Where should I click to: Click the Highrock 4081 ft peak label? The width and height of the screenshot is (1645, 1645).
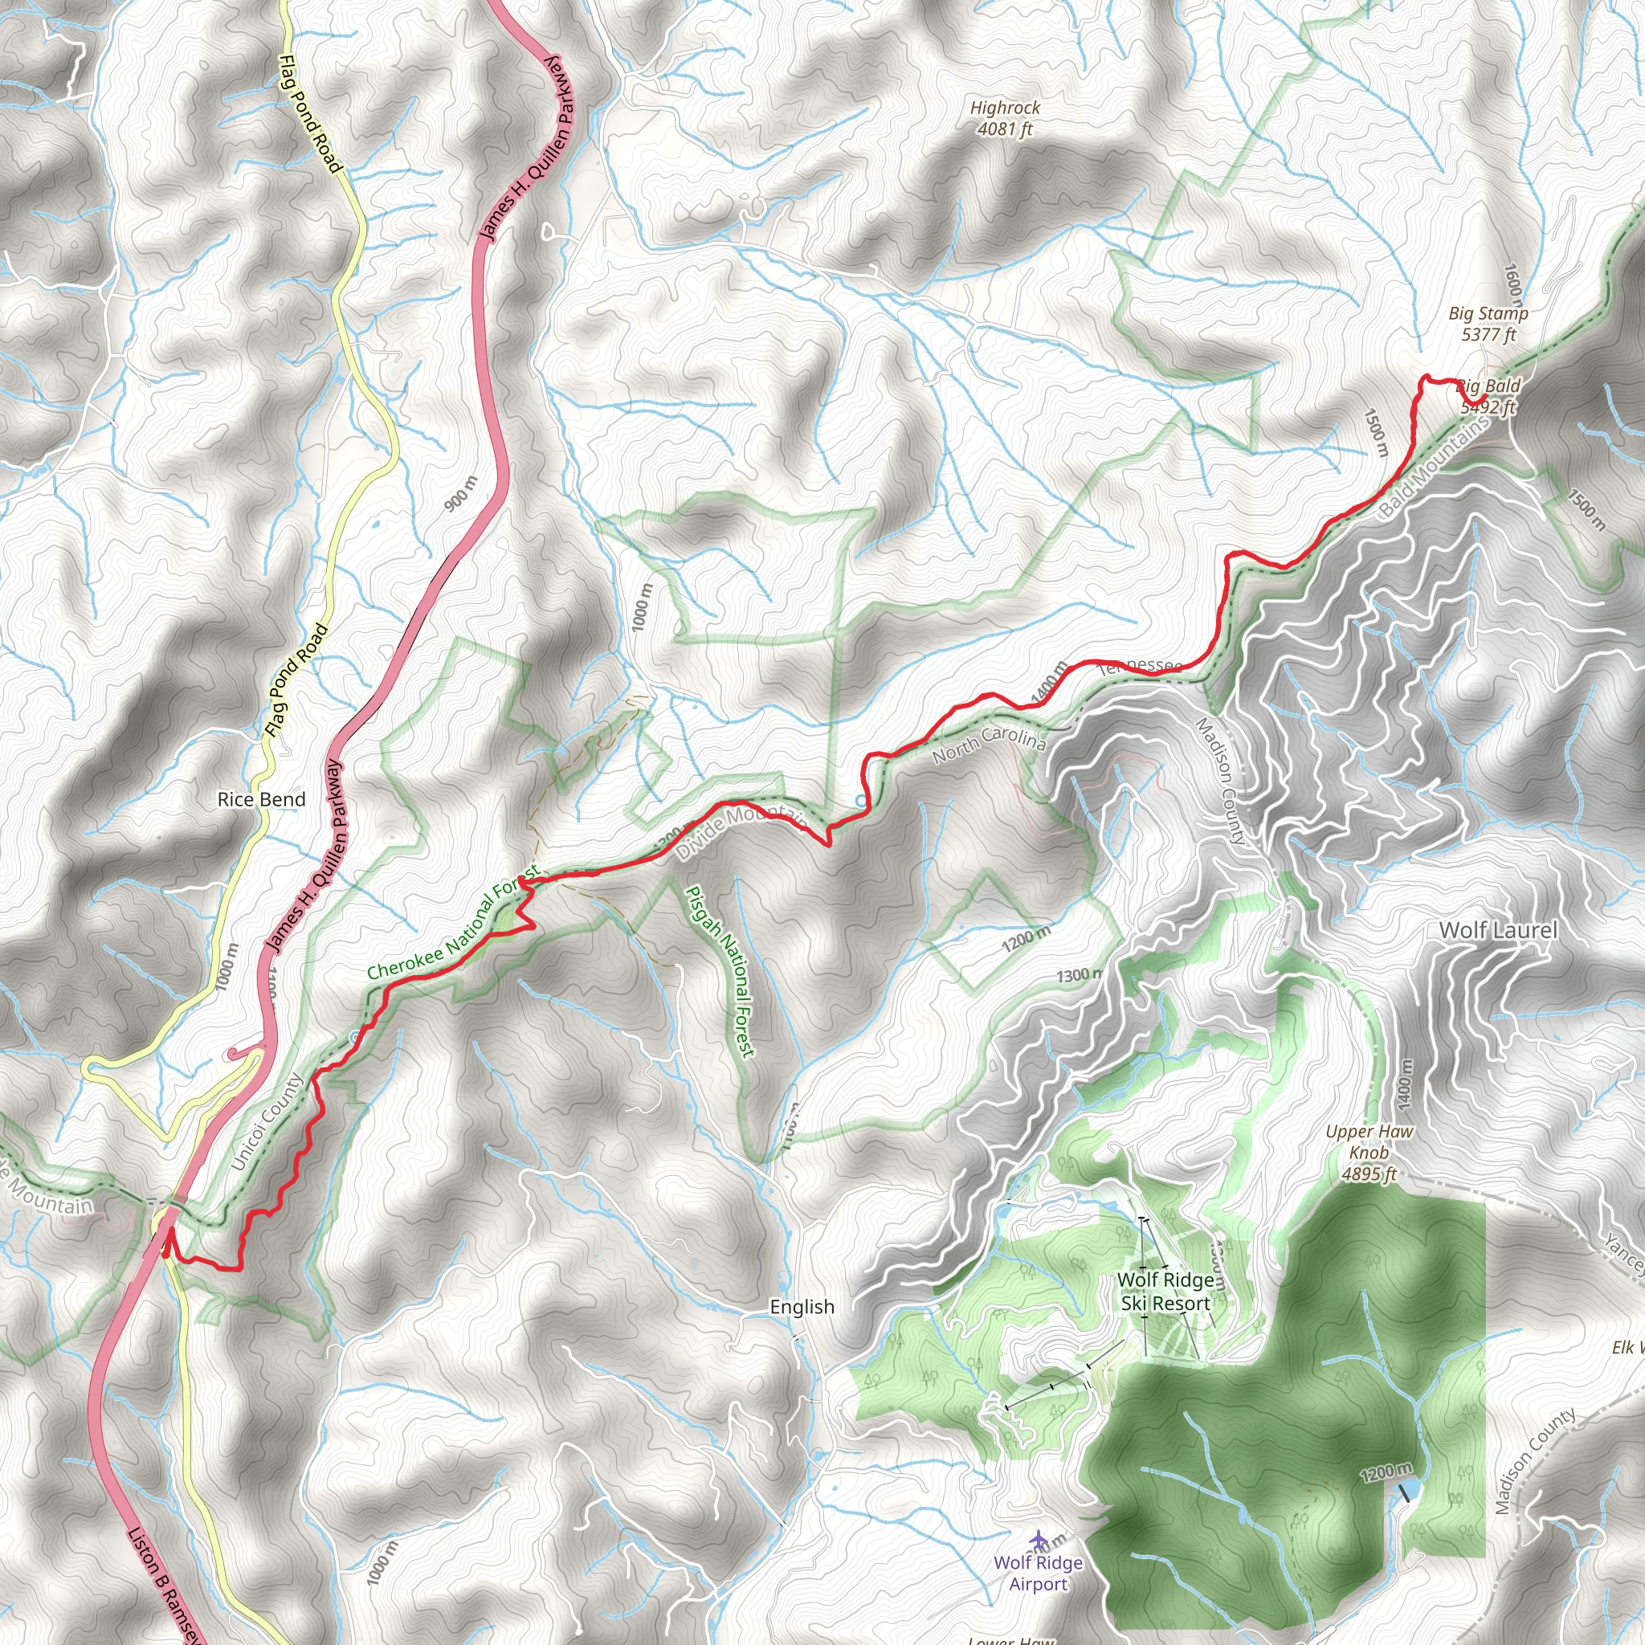click(1005, 118)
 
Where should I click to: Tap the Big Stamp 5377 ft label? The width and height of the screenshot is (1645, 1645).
click(1488, 324)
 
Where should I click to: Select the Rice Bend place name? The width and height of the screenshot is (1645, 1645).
click(261, 799)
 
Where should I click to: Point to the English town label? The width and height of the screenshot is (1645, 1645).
click(801, 1307)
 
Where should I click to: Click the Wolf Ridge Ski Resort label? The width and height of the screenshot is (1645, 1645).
click(1165, 1292)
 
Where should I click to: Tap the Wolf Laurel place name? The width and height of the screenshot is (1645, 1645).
click(1498, 931)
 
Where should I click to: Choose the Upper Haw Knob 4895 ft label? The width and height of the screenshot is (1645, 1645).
click(1369, 1153)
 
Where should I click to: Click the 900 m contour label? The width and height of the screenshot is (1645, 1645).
click(462, 495)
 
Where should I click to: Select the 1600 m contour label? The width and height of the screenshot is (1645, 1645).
click(1513, 284)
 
